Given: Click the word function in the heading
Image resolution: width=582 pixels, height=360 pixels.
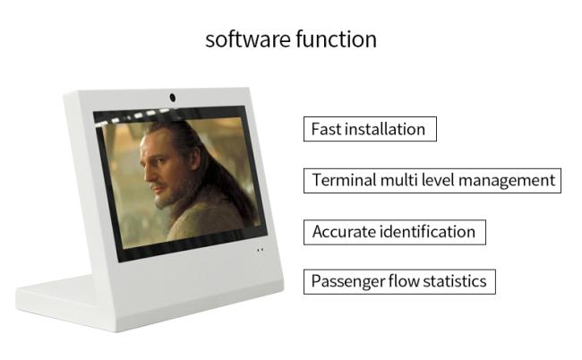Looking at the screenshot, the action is [337, 39].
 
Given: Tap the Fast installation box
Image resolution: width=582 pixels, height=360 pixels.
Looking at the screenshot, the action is [370, 129].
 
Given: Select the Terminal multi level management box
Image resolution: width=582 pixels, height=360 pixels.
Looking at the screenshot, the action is [432, 181].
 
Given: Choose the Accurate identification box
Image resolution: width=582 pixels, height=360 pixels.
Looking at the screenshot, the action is [395, 232].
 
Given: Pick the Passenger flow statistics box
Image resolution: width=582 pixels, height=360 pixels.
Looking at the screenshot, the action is [399, 282].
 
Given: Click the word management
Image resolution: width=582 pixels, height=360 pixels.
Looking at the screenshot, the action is [507, 182].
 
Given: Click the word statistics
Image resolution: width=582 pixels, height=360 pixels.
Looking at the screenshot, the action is [455, 281].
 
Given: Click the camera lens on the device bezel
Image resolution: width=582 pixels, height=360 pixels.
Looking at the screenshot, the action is [172, 98].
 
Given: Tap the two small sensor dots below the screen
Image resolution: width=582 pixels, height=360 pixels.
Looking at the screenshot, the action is [261, 250].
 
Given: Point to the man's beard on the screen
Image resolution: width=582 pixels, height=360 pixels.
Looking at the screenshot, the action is [167, 197].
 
